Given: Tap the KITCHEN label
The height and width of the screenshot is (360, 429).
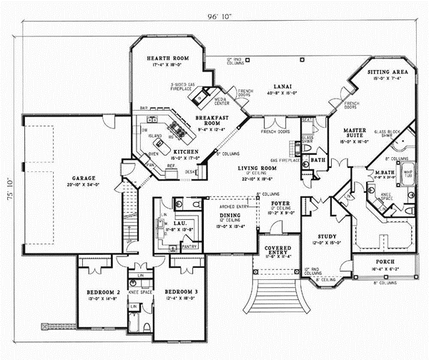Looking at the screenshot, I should click(x=184, y=153).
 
